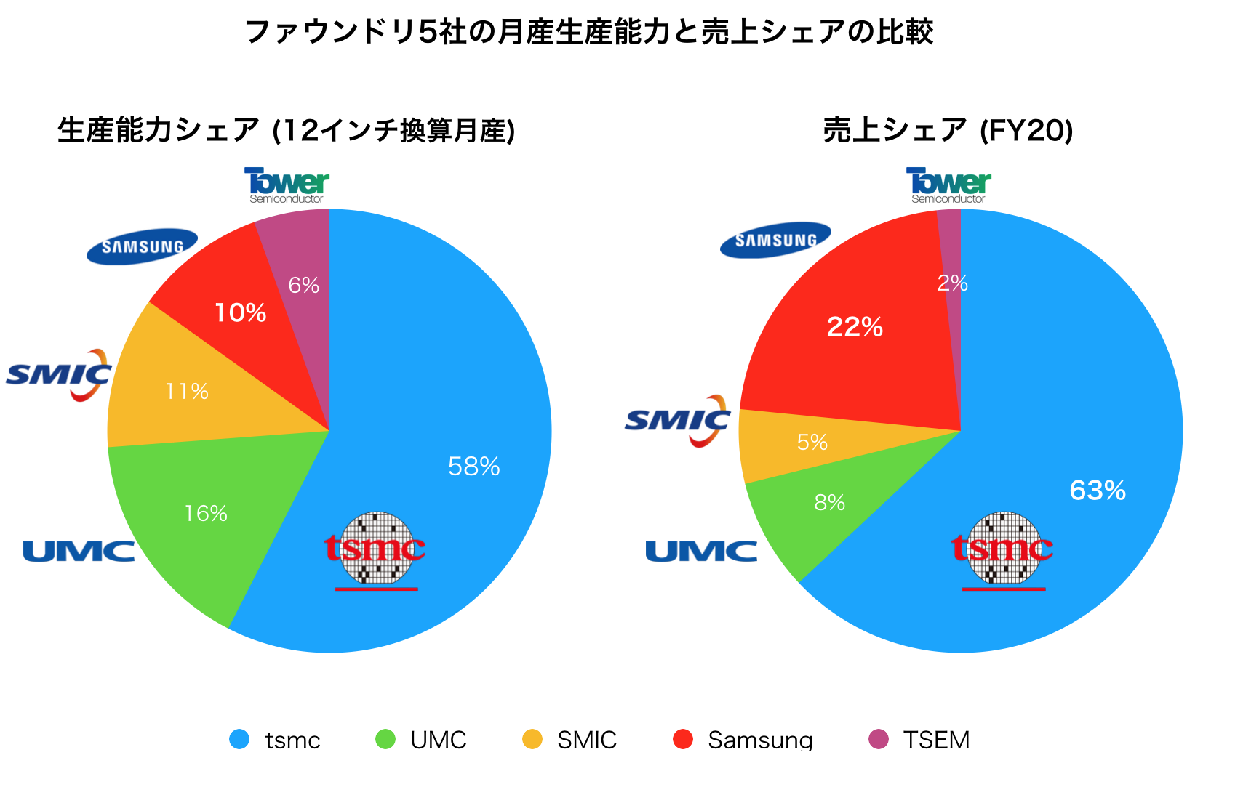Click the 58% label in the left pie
coord(473,467)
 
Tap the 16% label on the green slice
coord(206,514)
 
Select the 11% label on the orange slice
coord(187,392)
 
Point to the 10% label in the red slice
coord(240,313)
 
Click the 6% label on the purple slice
coord(303,286)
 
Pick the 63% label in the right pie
coord(1098,491)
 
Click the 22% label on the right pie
coord(855,327)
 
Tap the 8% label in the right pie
coord(829,502)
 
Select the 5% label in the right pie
coord(812,442)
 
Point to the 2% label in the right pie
coord(952,283)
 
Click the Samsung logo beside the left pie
coord(142,246)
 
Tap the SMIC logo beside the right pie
coord(677,421)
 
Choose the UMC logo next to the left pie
coord(79,552)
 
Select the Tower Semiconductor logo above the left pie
coord(287,186)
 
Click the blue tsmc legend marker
coord(239,739)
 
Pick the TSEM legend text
coord(936,740)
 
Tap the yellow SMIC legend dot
coord(532,739)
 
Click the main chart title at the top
coord(589,33)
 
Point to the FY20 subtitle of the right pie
coord(948,131)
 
